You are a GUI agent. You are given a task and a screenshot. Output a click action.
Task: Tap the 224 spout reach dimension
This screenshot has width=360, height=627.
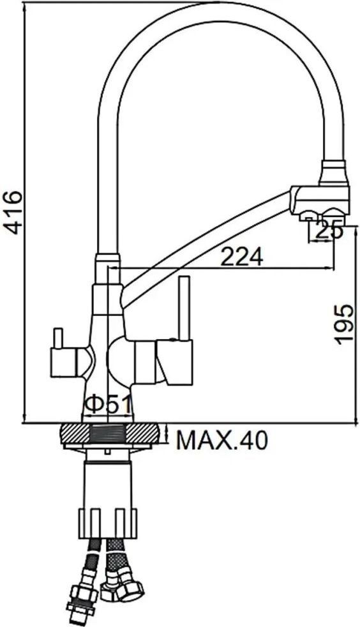(242, 256)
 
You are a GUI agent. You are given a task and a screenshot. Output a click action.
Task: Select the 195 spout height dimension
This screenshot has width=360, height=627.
(345, 323)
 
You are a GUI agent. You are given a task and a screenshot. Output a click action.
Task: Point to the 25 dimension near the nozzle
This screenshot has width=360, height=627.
(328, 230)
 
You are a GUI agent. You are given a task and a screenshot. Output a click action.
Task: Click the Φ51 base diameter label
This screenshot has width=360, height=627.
(108, 405)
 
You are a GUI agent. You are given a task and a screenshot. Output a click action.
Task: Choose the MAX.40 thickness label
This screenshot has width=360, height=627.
(222, 441)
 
